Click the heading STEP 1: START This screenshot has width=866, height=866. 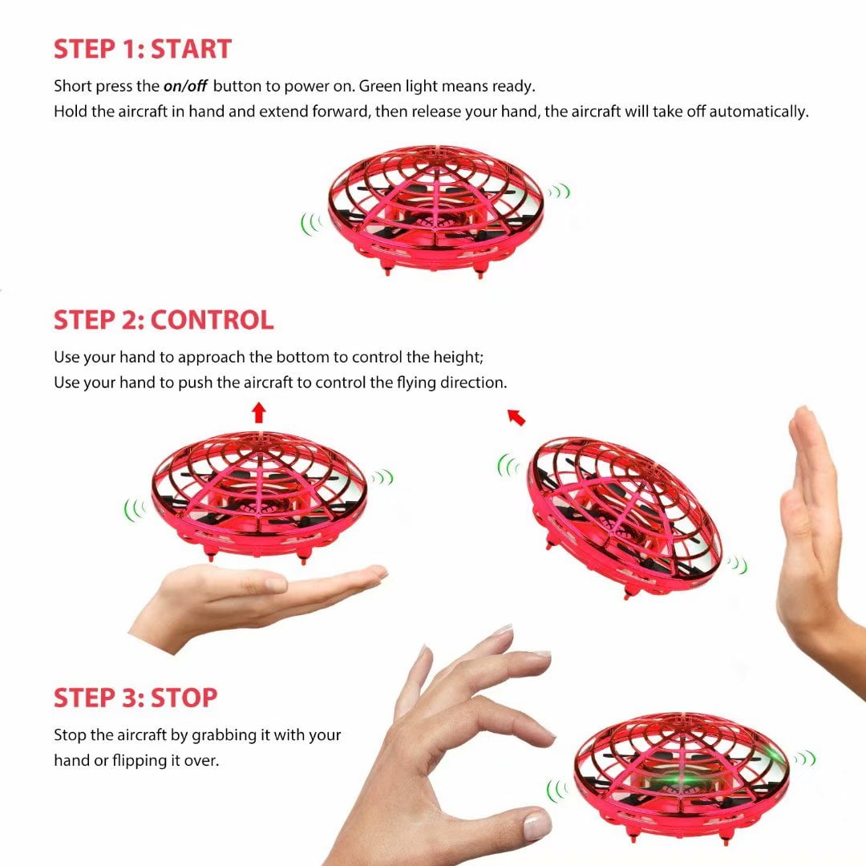pyautogui.click(x=143, y=49)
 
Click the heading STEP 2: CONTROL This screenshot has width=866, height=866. pyautogui.click(x=164, y=320)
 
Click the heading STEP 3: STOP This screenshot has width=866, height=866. pyautogui.click(x=136, y=698)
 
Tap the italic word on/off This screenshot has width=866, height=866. pyautogui.click(x=185, y=86)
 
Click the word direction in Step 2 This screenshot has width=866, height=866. pyautogui.click(x=473, y=382)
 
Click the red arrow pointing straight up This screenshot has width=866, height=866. pyautogui.click(x=259, y=413)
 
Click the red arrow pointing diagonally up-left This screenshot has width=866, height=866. pyautogui.click(x=516, y=417)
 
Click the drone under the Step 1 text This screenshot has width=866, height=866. pyautogui.click(x=435, y=210)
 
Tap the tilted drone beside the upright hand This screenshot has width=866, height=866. pyautogui.click(x=625, y=517)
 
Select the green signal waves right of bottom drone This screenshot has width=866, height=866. pyautogui.click(x=806, y=759)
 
